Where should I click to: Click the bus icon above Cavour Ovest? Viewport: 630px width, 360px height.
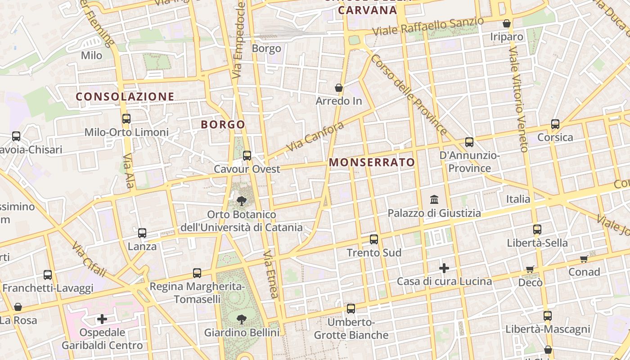(247, 156)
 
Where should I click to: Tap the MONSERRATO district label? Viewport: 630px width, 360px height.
(372, 162)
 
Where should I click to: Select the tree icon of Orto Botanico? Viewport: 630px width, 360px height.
(242, 201)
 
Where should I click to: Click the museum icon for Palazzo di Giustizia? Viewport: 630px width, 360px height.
(435, 199)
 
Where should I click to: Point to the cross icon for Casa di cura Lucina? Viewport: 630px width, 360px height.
(444, 268)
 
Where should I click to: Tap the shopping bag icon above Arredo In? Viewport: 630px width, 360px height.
(339, 88)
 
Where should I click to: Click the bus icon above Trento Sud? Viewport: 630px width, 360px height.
(374, 239)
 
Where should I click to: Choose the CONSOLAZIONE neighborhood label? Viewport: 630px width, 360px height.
(125, 96)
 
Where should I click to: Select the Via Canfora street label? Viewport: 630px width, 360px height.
(315, 136)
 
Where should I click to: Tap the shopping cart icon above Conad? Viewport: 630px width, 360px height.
(584, 259)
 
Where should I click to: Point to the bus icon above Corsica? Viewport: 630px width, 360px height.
(555, 124)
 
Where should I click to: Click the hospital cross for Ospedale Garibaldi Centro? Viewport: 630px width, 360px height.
(102, 319)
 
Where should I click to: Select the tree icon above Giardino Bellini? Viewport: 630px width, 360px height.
(242, 319)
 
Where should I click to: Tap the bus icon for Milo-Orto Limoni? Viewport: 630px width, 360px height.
(126, 119)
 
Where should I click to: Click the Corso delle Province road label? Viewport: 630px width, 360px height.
(409, 94)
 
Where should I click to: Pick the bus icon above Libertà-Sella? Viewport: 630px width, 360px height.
(537, 229)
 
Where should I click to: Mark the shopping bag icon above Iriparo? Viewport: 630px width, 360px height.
(507, 23)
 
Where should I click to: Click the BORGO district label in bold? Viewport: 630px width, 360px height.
(223, 125)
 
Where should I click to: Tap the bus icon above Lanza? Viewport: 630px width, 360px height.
(142, 233)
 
